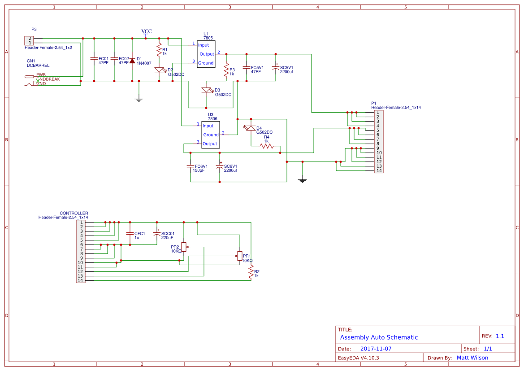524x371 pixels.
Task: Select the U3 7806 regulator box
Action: [210, 135]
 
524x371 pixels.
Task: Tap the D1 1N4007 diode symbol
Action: [132, 61]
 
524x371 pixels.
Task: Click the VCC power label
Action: [147, 31]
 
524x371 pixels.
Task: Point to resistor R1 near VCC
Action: [159, 48]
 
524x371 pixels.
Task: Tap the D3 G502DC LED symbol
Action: [206, 90]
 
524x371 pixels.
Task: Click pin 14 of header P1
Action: [379, 170]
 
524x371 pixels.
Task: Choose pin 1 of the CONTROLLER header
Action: [81, 222]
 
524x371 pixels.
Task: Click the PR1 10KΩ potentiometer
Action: [239, 256]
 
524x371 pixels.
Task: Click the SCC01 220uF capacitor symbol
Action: [157, 234]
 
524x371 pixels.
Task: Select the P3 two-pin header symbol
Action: [29, 40]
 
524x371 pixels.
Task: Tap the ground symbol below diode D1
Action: [139, 100]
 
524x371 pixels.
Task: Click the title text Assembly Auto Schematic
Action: [379, 337]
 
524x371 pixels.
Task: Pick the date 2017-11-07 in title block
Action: [376, 349]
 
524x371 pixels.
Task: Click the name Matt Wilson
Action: [472, 358]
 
